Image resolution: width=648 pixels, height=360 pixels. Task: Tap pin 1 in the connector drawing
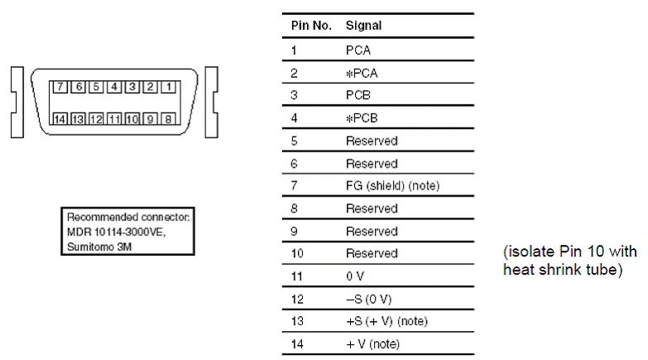[x=168, y=86]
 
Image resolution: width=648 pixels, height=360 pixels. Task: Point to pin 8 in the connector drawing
[x=168, y=118]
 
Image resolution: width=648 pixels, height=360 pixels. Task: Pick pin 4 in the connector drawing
[x=113, y=86]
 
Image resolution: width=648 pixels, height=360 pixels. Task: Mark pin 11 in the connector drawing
[x=113, y=118]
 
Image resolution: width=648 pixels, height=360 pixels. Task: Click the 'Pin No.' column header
[x=311, y=26]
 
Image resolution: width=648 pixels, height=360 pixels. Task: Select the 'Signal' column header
[x=364, y=26]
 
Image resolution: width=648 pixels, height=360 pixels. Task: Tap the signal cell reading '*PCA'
[x=362, y=73]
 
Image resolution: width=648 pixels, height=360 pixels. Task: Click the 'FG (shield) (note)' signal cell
[x=392, y=186]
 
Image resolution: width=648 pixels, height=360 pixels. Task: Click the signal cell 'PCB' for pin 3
[x=358, y=95]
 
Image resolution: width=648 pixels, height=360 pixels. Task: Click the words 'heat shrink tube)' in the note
[x=551, y=271]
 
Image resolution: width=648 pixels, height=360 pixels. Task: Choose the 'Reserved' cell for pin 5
[x=372, y=141]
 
